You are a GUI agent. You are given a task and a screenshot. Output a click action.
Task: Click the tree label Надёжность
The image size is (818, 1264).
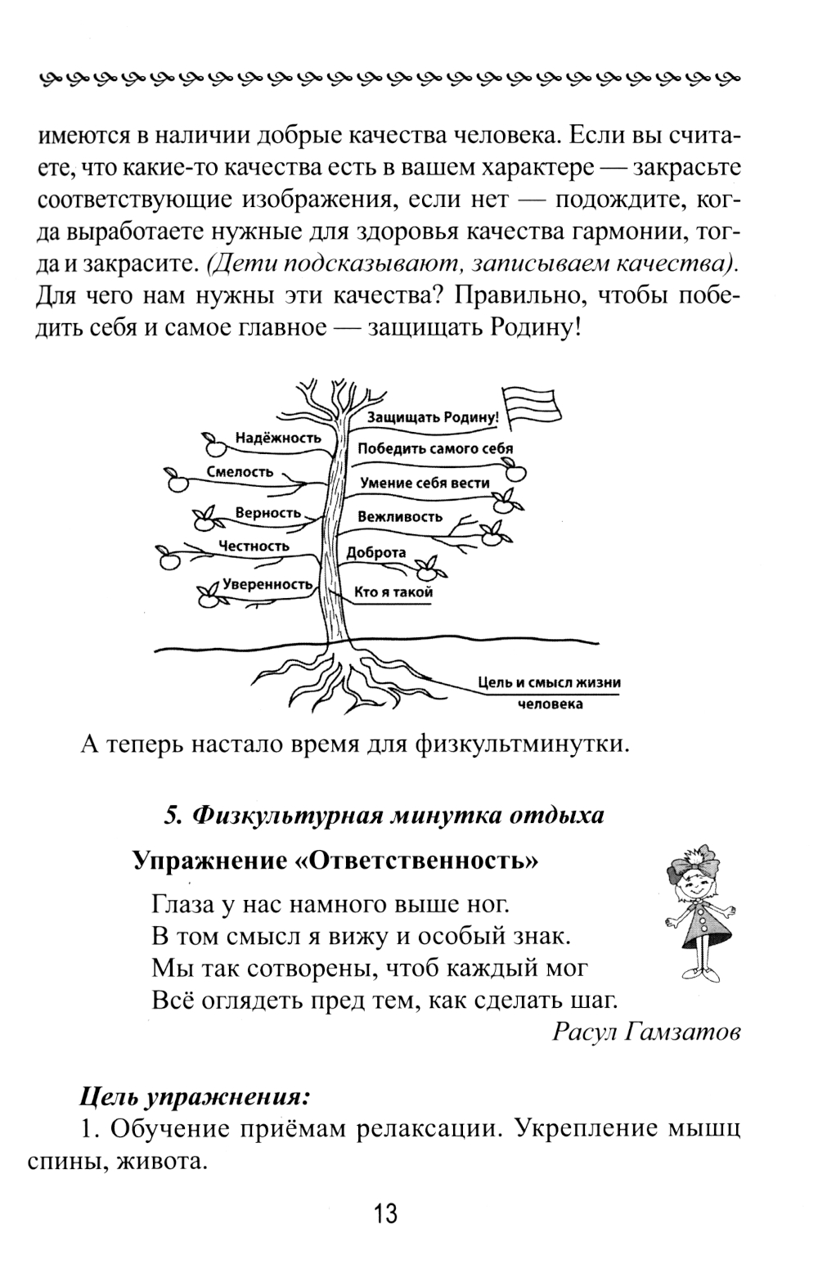tap(278, 438)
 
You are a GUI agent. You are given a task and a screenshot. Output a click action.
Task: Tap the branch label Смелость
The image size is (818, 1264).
tap(239, 471)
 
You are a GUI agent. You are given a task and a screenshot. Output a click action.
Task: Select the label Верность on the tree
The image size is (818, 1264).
tap(268, 513)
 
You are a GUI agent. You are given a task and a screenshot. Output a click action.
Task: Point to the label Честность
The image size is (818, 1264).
tap(254, 546)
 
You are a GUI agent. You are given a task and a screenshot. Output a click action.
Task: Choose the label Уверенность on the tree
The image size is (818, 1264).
tap(267, 584)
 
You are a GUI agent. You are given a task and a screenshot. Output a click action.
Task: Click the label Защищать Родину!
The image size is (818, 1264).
tap(433, 416)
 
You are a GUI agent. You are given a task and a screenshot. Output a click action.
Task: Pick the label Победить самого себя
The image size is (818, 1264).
tap(435, 448)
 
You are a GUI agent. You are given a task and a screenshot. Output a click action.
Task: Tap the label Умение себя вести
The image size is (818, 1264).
tap(425, 483)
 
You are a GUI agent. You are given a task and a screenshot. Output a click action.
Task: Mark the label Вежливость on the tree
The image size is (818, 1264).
tap(400, 516)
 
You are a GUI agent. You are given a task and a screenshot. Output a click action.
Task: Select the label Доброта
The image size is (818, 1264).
tap(376, 552)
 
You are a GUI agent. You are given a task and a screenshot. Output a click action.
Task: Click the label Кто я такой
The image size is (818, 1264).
tap(393, 592)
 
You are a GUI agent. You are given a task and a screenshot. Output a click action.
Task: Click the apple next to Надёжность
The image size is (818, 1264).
tap(213, 445)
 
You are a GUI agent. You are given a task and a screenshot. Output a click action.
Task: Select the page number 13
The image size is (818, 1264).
tap(385, 1212)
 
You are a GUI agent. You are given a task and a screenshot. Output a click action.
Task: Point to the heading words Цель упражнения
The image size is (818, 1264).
tap(196, 1095)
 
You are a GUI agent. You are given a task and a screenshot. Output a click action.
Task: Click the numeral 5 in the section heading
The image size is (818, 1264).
tap(171, 816)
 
